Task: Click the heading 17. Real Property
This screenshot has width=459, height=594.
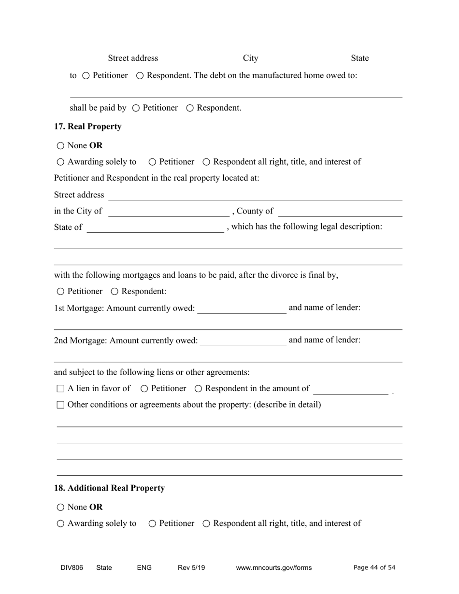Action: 87,127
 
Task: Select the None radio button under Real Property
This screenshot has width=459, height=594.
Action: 60,146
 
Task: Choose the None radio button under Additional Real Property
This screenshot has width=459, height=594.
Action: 60,508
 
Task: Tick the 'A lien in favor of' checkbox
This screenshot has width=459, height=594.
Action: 60,389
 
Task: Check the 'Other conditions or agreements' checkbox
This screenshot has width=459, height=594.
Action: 60,405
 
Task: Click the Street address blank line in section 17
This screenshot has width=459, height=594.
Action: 255,195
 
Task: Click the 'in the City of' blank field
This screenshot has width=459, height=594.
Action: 169,212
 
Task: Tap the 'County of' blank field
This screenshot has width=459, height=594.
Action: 340,212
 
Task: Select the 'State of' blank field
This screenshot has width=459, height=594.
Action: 155,227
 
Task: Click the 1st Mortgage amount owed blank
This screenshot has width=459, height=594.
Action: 242,309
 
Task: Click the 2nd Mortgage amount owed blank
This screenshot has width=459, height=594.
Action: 243,341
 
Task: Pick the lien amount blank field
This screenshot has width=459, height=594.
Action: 350,389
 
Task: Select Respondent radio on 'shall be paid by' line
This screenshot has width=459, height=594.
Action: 190,108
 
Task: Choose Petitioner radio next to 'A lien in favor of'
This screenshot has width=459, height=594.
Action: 144,389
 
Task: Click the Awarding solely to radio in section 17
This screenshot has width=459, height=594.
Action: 60,162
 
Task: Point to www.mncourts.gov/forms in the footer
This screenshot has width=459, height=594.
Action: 273,568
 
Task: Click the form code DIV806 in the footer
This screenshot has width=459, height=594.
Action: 72,568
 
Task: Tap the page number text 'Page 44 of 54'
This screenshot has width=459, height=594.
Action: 374,568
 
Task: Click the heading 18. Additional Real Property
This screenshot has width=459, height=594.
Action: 109,488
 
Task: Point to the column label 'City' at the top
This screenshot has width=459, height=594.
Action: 250,58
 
